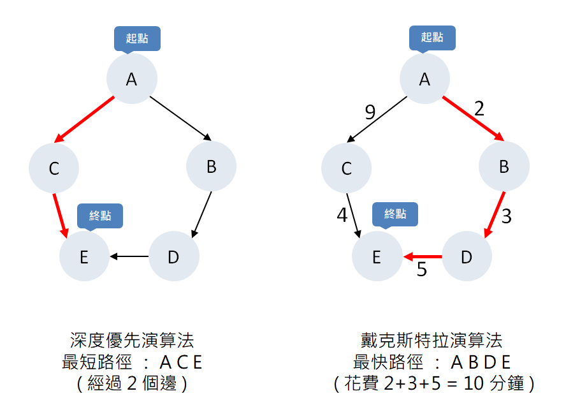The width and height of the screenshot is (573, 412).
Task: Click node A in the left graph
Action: click(x=131, y=79)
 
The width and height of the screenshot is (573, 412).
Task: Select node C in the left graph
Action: click(x=54, y=168)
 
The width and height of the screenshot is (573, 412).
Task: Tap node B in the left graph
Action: click(x=211, y=166)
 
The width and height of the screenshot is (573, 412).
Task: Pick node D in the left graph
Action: click(x=173, y=257)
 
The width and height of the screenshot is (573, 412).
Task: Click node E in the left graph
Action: click(x=84, y=257)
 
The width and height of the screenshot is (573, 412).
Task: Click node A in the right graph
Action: click(x=424, y=79)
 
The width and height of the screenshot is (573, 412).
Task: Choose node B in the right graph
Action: click(x=504, y=166)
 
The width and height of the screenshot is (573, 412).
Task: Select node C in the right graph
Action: click(x=347, y=168)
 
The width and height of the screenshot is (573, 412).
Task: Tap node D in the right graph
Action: click(x=467, y=257)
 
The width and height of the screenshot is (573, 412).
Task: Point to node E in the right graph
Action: click(x=377, y=257)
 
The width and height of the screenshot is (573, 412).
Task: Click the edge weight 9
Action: click(x=370, y=113)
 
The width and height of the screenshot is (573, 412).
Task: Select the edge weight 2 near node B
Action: click(x=479, y=108)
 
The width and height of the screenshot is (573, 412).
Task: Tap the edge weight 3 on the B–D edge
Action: click(x=506, y=216)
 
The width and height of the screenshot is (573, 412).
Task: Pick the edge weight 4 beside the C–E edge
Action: click(x=342, y=215)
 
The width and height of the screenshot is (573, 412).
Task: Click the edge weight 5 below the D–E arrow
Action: click(x=421, y=270)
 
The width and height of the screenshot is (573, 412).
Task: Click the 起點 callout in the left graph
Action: click(x=137, y=38)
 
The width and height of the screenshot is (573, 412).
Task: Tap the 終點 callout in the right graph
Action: click(x=395, y=215)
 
